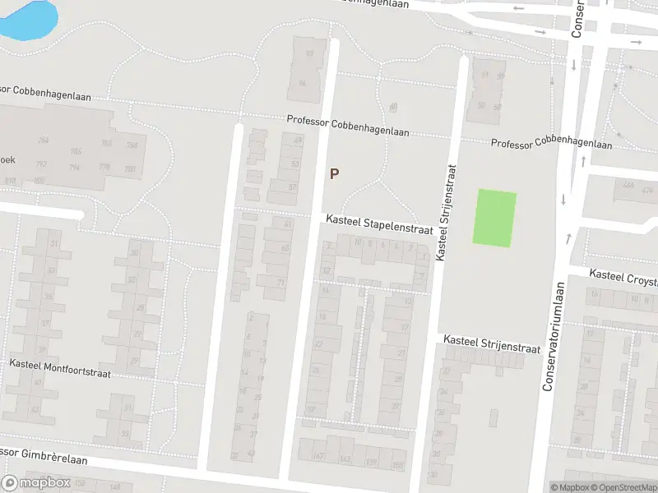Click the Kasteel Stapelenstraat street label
coord(379,225)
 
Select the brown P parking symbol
coord(334,173)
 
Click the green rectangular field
coord(494,218)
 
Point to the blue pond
coord(30,18)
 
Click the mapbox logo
coord(36,482)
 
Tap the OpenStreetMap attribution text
coord(624,487)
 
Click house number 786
coord(76,151)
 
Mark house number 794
coord(74,168)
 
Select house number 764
coord(43,141)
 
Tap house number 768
coord(131,145)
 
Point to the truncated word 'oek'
coord(10,159)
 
